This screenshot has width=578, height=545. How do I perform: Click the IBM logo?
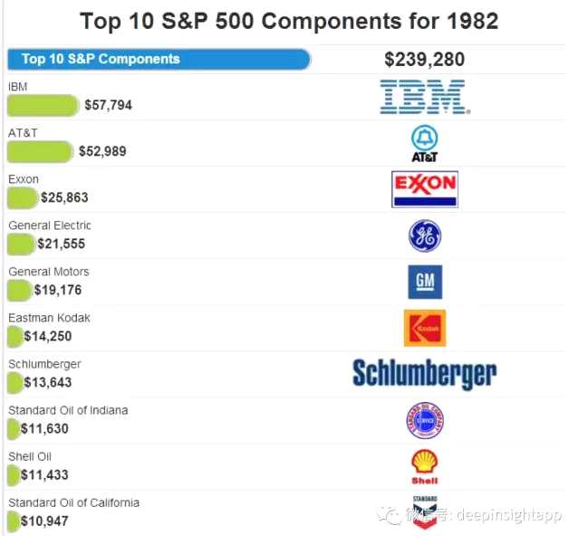(x=422, y=98)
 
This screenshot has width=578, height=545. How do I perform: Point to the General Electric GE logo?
(x=424, y=236)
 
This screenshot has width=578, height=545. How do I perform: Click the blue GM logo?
(x=425, y=282)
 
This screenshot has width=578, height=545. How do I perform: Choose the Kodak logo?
(x=424, y=328)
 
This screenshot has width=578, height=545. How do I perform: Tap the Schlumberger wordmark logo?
(x=424, y=373)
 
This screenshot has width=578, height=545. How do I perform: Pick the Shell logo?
(x=424, y=466)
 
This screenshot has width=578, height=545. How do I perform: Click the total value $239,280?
(x=424, y=60)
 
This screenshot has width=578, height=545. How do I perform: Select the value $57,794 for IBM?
(x=108, y=105)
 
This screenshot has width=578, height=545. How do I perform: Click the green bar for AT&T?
(x=40, y=151)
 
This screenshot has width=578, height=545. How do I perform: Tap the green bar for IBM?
(x=43, y=105)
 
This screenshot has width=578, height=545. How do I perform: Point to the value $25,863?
(x=64, y=197)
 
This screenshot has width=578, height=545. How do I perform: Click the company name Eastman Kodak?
(x=49, y=318)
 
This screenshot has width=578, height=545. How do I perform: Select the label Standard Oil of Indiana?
(x=68, y=410)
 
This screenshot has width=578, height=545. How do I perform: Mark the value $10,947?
(x=45, y=521)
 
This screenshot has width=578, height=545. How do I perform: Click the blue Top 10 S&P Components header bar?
(x=159, y=60)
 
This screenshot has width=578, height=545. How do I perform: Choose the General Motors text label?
(x=49, y=272)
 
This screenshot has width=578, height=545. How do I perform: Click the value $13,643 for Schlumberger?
(x=48, y=383)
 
